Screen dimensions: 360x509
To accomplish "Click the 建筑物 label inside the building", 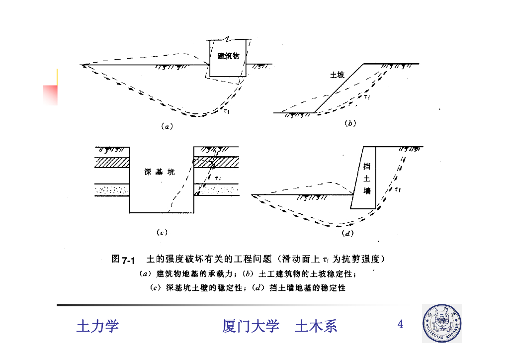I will click(x=228, y=56).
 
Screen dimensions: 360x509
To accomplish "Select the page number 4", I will click(x=400, y=324).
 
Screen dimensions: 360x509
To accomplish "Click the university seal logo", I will click(x=442, y=324).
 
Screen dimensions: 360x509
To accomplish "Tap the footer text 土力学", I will click(x=97, y=326).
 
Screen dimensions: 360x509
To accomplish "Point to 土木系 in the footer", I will click(x=316, y=326).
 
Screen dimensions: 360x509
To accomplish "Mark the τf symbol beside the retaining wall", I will click(x=398, y=189).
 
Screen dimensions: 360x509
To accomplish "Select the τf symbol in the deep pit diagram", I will click(x=218, y=178).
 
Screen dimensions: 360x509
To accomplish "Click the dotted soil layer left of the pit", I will click(x=112, y=190).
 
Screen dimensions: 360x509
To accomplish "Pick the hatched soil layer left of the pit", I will click(x=112, y=162).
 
